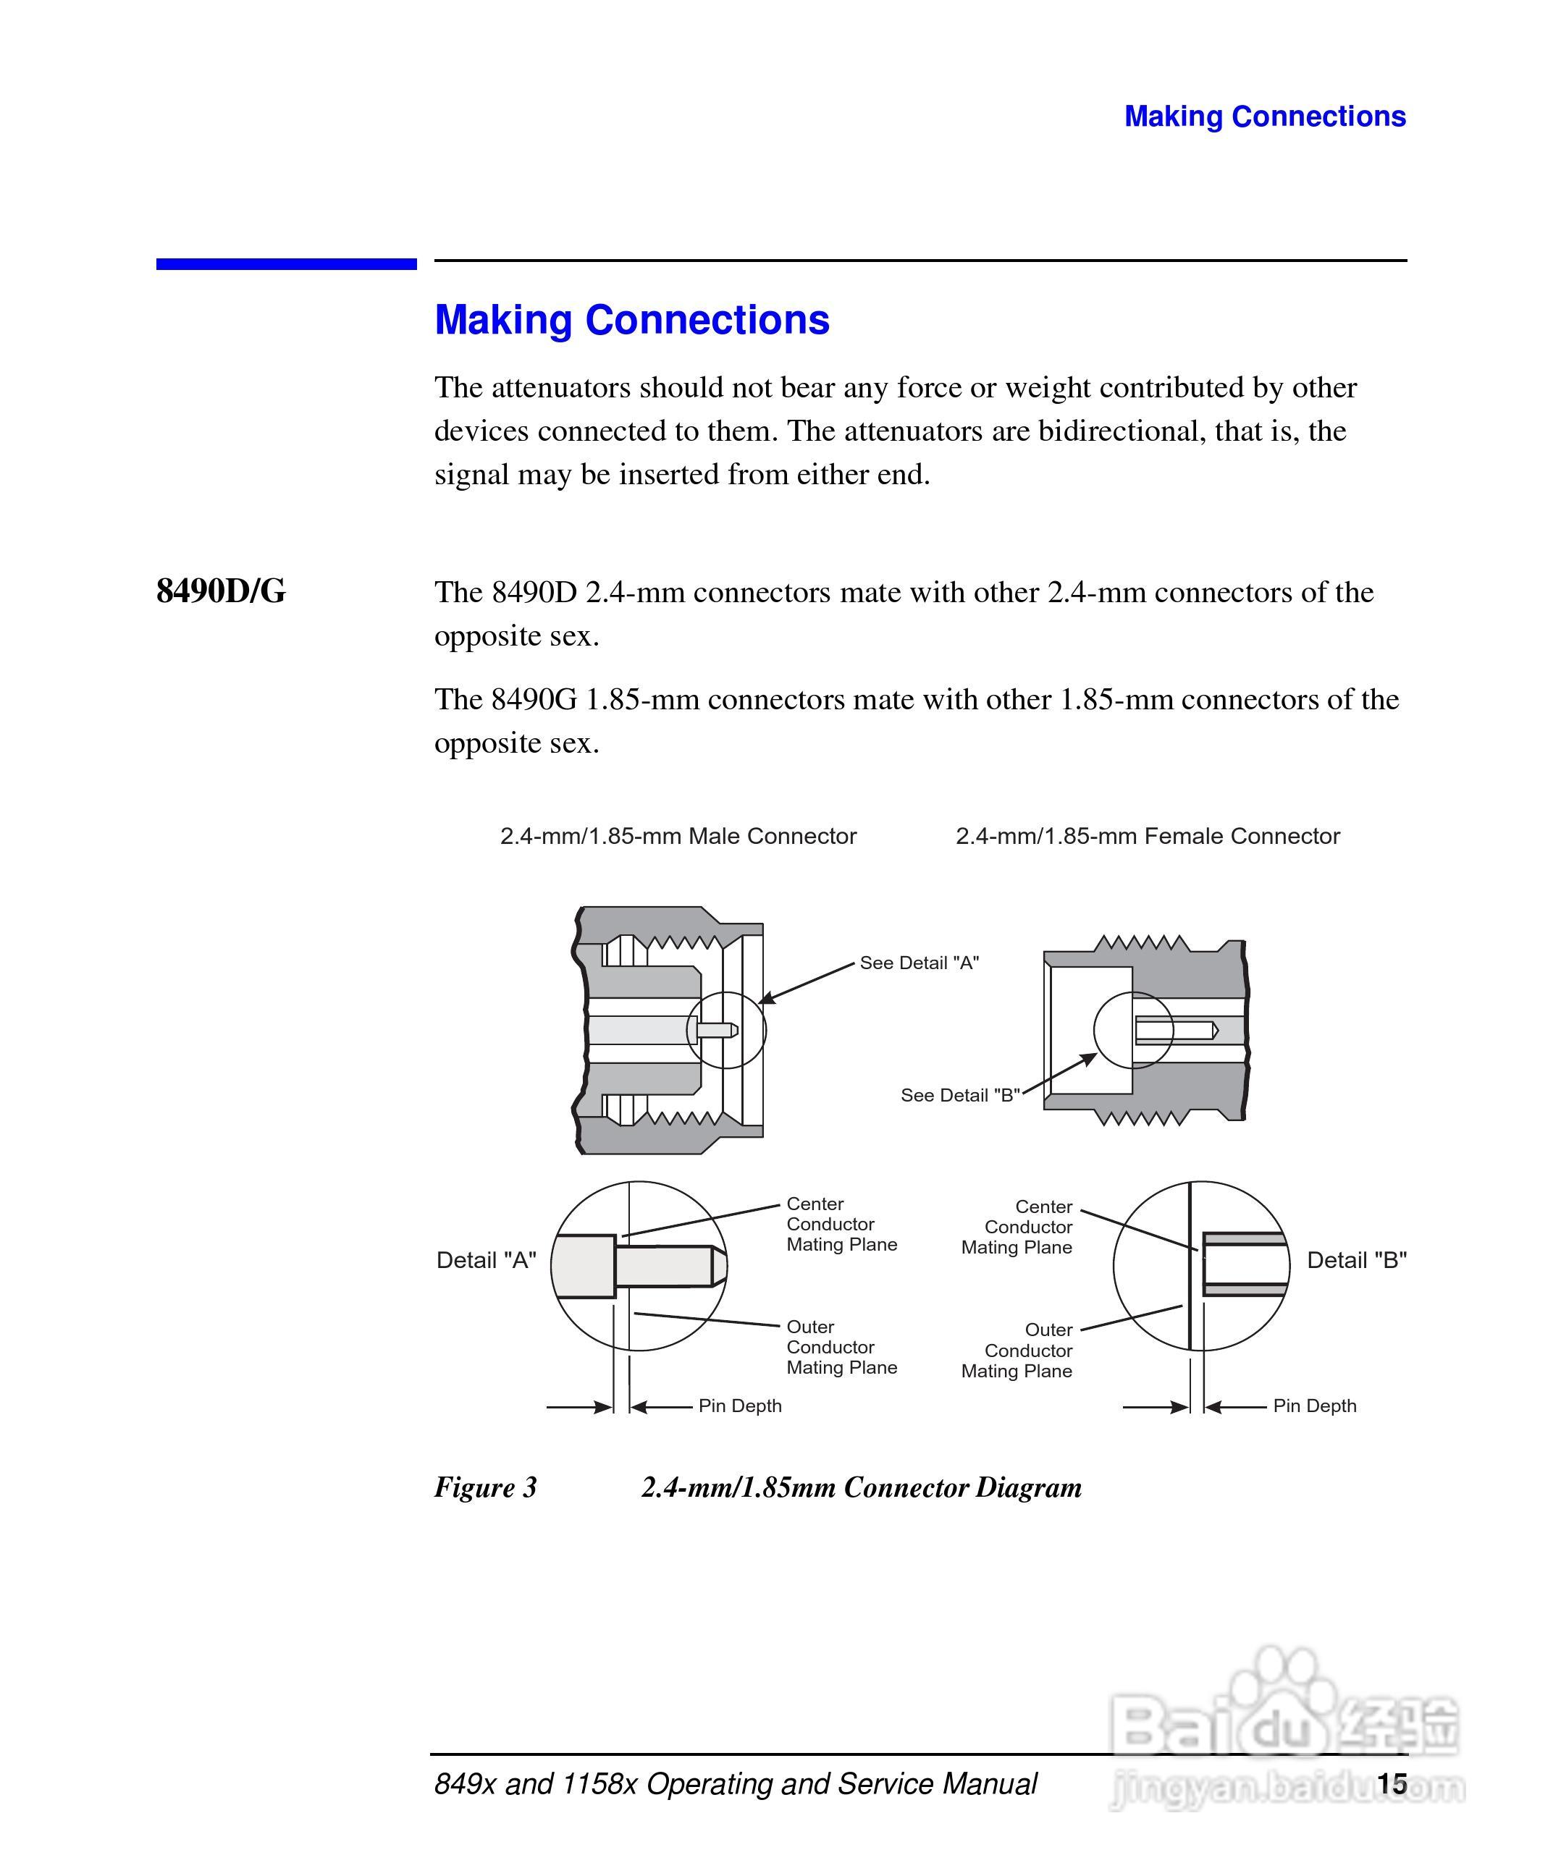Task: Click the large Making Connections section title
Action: click(632, 320)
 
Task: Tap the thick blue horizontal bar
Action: click(286, 264)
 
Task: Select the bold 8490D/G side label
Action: click(221, 591)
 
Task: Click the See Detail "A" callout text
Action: click(919, 963)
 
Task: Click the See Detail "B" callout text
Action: click(959, 1095)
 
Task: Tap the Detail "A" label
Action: click(486, 1261)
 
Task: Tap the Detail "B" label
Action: click(1356, 1261)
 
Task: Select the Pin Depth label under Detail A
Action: click(740, 1406)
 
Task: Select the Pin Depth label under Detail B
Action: click(1314, 1406)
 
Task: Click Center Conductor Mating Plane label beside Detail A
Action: click(841, 1224)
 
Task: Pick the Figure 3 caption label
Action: click(485, 1487)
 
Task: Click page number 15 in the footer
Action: click(1392, 1784)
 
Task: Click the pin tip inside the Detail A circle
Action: click(718, 1266)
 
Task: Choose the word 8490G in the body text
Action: click(534, 699)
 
